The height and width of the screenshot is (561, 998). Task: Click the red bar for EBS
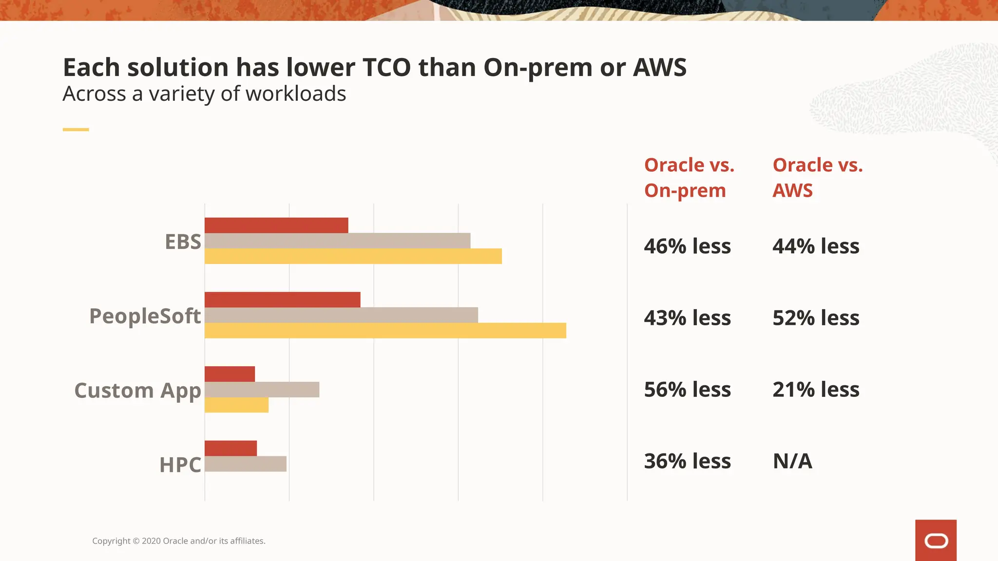[x=276, y=225]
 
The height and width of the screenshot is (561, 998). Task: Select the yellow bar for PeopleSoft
[x=385, y=331]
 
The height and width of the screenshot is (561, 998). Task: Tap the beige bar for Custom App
[x=262, y=390]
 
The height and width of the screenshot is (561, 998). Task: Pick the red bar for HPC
[x=230, y=449]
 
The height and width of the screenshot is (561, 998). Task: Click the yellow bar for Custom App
[x=236, y=405]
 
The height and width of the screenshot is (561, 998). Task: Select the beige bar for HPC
[x=245, y=464]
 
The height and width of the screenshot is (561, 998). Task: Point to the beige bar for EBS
[x=337, y=241]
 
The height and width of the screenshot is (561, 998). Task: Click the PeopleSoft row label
[x=145, y=316]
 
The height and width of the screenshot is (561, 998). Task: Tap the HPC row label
[x=180, y=465]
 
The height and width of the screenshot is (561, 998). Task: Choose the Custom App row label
[x=137, y=391]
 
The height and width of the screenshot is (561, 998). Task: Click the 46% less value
[x=687, y=246]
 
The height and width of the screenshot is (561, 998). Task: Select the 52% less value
[x=816, y=318]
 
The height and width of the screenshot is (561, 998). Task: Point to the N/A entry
[x=792, y=461]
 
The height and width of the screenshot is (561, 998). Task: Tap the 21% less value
[x=816, y=390]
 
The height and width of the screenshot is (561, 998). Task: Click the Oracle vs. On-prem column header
[x=689, y=178]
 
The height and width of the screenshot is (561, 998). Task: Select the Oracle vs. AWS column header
[x=817, y=178]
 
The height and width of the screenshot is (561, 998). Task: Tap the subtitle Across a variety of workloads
[x=204, y=93]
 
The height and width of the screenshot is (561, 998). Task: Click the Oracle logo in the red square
[x=936, y=541]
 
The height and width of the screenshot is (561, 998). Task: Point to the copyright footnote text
[x=179, y=541]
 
